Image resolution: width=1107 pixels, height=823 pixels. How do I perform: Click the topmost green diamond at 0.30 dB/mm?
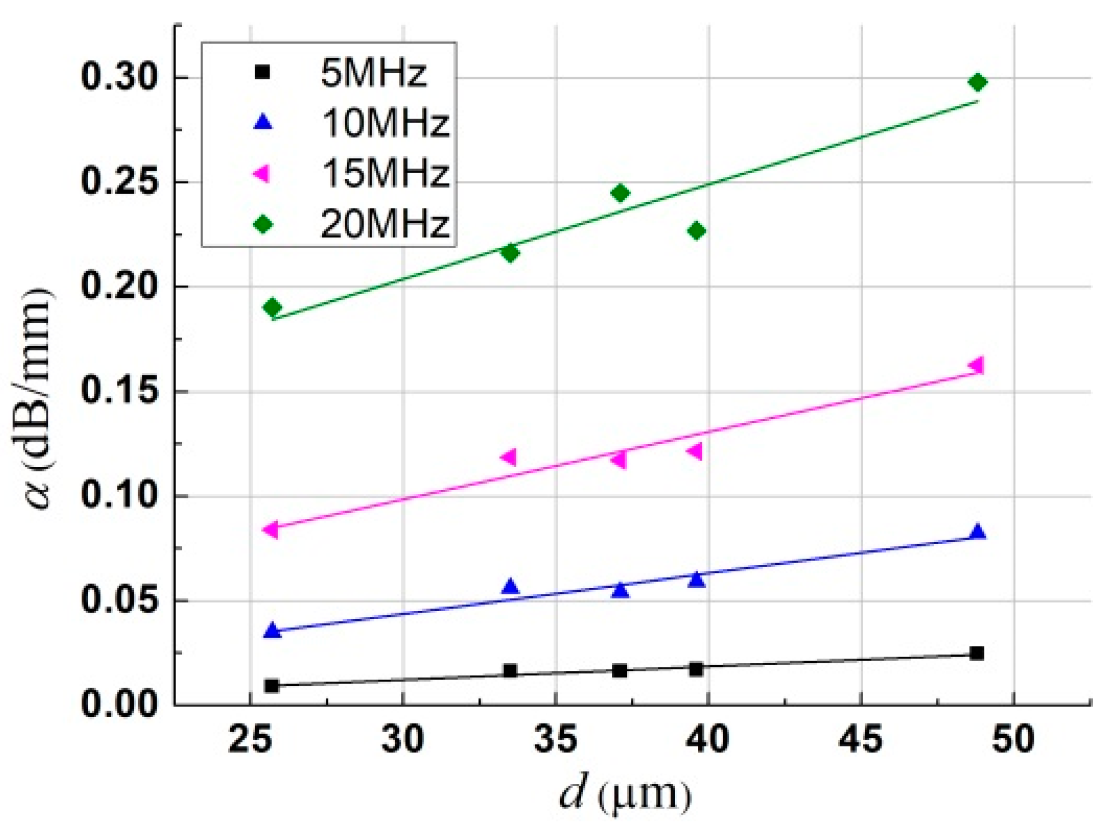tap(977, 82)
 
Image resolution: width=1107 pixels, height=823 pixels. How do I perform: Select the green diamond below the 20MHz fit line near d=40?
tap(696, 231)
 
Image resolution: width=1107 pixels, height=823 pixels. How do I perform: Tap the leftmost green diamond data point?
tap(272, 307)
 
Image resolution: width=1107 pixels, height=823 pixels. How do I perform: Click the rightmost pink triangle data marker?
tap(976, 365)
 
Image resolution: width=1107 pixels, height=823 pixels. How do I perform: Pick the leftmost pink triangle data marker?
tap(271, 529)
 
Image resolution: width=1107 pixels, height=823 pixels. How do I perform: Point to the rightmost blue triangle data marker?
tap(977, 532)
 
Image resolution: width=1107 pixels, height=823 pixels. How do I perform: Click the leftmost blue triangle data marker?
tap(272, 630)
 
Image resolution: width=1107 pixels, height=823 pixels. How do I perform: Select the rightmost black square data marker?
tap(977, 653)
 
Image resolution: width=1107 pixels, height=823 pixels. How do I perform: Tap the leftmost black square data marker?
tap(272, 685)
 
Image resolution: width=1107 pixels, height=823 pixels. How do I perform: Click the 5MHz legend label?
tap(373, 73)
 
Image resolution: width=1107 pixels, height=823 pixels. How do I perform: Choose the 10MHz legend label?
tap(385, 123)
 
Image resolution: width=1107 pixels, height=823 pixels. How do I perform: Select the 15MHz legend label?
tap(385, 173)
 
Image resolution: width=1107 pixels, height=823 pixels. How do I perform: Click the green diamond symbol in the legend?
tap(262, 225)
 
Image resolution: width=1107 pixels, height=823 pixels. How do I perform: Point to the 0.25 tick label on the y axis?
tap(119, 182)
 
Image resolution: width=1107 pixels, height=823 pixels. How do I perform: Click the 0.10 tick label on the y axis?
tap(119, 496)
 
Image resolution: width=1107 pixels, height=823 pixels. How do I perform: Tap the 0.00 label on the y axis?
tap(119, 704)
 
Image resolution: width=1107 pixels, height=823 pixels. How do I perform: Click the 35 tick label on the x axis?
tap(555, 740)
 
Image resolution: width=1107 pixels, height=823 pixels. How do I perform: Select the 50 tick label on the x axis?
tap(1013, 740)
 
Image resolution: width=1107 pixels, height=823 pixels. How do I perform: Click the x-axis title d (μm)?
tap(626, 794)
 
